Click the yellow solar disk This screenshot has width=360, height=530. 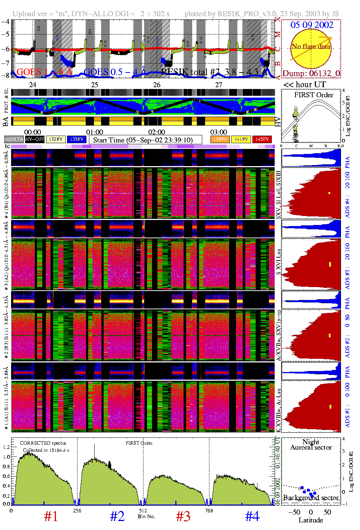pos(311,49)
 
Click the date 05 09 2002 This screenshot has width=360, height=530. pos(312,25)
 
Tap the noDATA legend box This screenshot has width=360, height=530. pos(14,139)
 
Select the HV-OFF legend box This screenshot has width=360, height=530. pos(35,139)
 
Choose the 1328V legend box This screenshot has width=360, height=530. pos(56,139)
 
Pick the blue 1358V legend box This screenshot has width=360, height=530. pos(77,139)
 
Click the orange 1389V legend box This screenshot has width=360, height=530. pos(220,139)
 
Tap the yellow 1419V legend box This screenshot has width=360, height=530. pos(241,139)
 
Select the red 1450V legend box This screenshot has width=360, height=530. pos(262,139)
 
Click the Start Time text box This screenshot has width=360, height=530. pos(145,140)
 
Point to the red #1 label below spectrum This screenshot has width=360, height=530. pos(51,516)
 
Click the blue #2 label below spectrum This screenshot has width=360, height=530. pos(117,516)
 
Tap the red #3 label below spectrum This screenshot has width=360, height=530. pos(183,516)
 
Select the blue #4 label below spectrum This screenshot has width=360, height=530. pos(252,516)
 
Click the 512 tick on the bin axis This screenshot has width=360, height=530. pos(143,510)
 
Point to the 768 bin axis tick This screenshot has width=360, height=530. pos(209,510)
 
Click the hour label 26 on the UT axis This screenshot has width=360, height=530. pos(157,85)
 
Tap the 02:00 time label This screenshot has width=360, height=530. pos(157,132)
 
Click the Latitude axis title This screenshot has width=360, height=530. pos(311,520)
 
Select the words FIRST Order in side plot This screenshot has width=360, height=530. pos(313,95)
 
